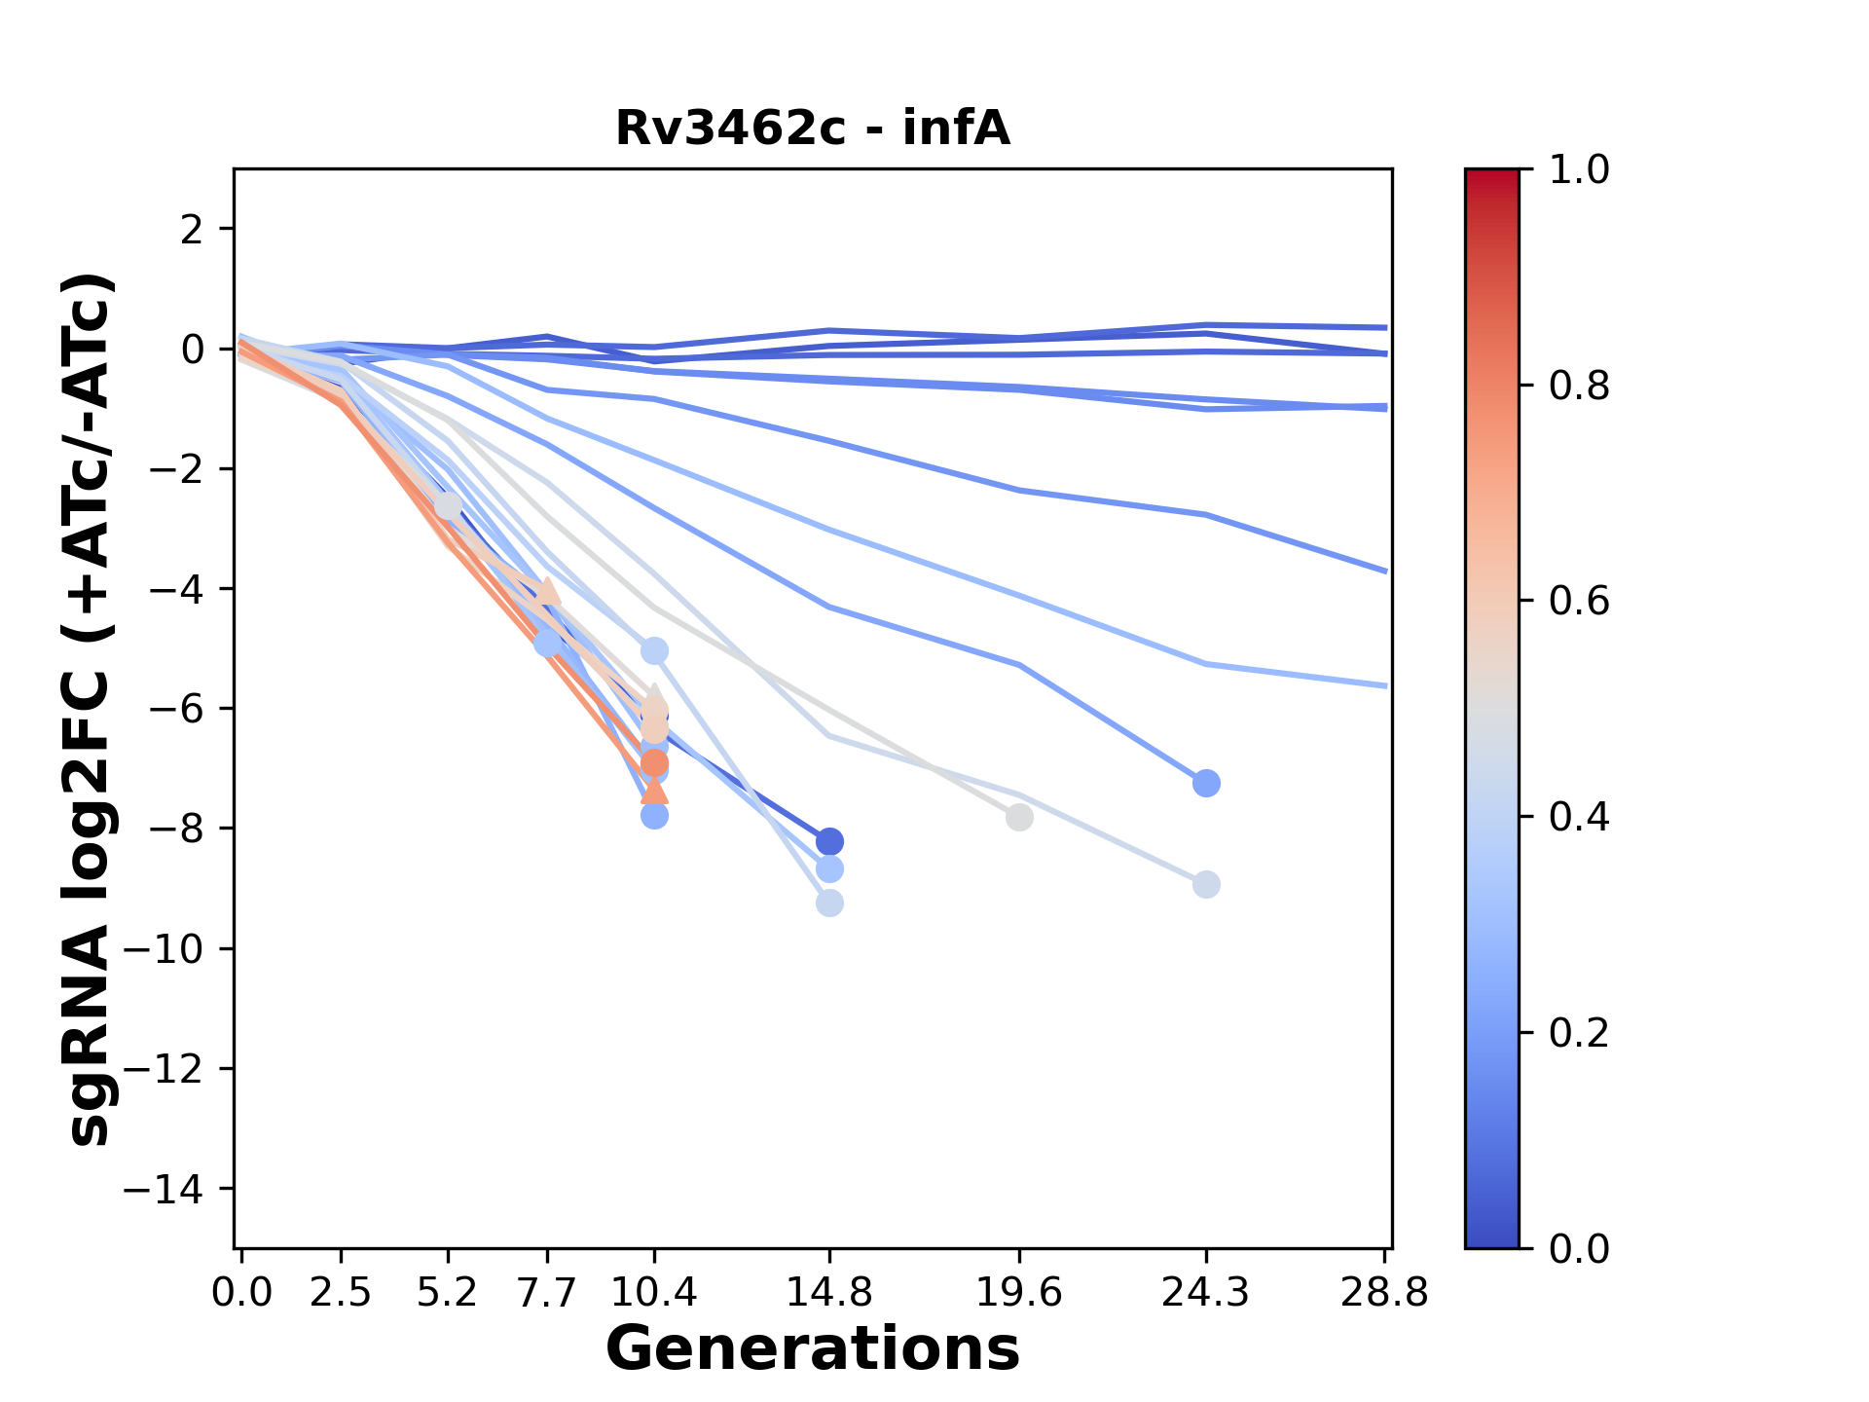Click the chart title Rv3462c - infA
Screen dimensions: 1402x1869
click(813, 129)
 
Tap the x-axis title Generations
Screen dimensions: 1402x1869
click(813, 1349)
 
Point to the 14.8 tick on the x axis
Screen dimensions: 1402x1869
click(829, 1293)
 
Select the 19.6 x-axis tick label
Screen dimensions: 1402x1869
click(1019, 1293)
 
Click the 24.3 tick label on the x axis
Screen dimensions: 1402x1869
click(1206, 1293)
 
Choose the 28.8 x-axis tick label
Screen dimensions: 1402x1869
click(1384, 1293)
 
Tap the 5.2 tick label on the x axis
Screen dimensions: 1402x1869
click(448, 1293)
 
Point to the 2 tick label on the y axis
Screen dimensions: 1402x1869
click(193, 230)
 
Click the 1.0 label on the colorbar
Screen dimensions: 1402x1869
click(1579, 170)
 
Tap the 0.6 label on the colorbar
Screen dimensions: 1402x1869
click(1579, 602)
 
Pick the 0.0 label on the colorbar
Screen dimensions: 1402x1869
click(1579, 1248)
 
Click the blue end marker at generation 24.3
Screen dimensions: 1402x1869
click(1206, 784)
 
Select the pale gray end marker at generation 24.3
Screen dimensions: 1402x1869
click(1206, 885)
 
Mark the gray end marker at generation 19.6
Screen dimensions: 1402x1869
click(1019, 818)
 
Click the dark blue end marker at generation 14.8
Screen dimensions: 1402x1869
click(829, 841)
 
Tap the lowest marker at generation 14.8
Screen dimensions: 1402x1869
click(829, 904)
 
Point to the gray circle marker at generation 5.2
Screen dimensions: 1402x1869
click(448, 506)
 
